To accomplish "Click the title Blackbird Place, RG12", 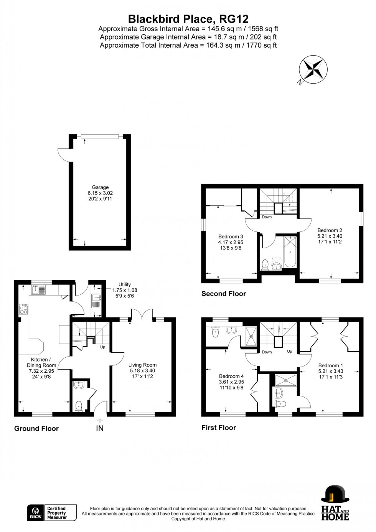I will (x=188, y=19).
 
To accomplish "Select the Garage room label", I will (x=100, y=193).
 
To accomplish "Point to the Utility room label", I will (x=125, y=290).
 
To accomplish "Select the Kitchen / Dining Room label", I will (x=41, y=368).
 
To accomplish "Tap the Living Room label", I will (x=142, y=370).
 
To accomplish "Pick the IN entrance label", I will (x=100, y=428).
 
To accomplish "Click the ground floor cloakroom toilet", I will (x=79, y=405).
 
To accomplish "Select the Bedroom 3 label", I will (x=231, y=242).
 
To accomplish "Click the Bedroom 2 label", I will (x=330, y=236).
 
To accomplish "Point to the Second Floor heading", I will (x=224, y=294).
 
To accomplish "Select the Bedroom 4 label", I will (x=231, y=382).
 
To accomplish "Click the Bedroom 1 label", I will (x=330, y=371).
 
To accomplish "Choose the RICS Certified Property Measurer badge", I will (x=52, y=513).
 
